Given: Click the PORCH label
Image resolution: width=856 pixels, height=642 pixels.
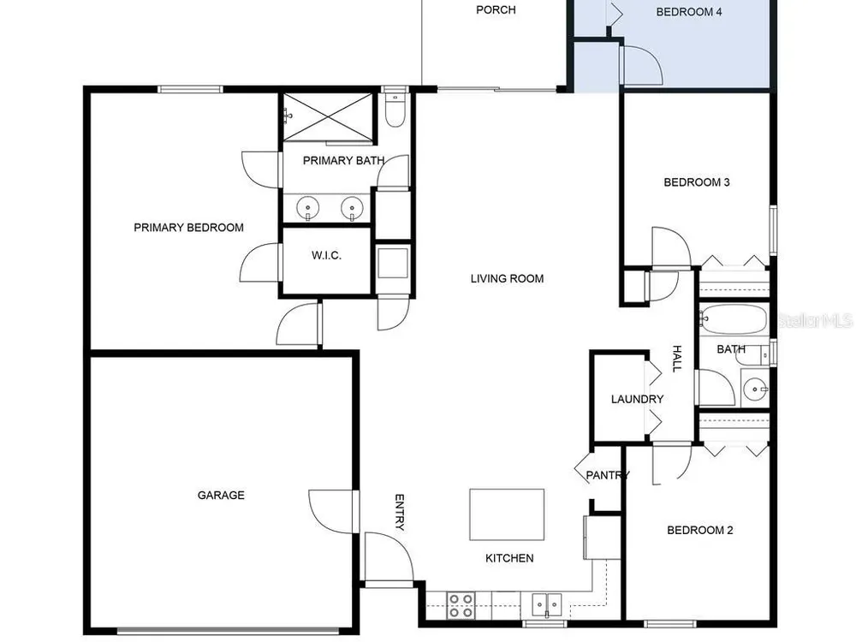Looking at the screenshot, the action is [x=496, y=9].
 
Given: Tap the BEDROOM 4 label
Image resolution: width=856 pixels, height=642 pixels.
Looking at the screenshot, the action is [x=689, y=12].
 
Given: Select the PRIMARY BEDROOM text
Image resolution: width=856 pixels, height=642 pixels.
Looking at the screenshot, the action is [x=189, y=228].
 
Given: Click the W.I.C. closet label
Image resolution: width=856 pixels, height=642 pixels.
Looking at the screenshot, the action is [x=326, y=255].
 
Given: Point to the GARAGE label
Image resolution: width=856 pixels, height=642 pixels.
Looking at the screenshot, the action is [x=221, y=495].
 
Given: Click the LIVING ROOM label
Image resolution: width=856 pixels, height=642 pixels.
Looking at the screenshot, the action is [x=507, y=278].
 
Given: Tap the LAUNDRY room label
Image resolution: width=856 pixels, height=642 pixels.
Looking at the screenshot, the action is [x=637, y=399].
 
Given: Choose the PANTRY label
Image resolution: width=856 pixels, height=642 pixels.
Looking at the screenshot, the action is [x=608, y=475].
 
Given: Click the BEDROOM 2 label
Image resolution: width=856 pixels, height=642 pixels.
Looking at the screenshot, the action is [x=700, y=530].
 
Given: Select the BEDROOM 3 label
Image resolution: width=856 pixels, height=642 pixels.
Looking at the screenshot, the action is [x=697, y=182].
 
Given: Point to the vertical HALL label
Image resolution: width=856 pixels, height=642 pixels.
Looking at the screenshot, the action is [x=677, y=359].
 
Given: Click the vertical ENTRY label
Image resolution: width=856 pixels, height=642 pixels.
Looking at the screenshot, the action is [x=400, y=512].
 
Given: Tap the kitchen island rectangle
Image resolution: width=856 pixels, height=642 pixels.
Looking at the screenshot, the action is [x=507, y=514].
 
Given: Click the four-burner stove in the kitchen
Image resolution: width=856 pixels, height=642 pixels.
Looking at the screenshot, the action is [x=461, y=606].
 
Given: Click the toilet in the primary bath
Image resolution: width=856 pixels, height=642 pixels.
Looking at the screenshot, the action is [x=394, y=110].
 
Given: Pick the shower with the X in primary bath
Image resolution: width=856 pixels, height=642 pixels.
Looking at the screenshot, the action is [x=328, y=117].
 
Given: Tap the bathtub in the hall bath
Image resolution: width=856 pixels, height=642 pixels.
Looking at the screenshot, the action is [x=734, y=318].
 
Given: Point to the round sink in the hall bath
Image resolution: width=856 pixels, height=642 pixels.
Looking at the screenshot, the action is [x=756, y=389].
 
